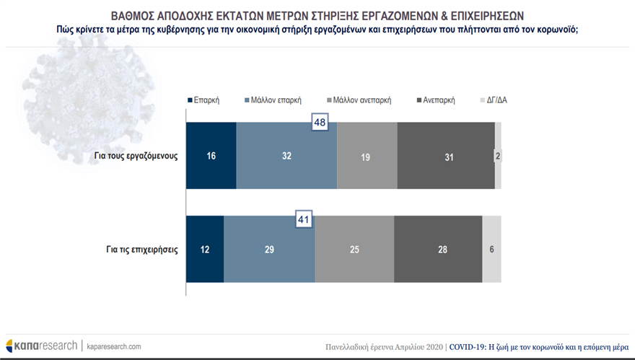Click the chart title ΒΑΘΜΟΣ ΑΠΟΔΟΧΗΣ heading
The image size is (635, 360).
point(317,14)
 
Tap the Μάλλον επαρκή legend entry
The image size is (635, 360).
point(272,100)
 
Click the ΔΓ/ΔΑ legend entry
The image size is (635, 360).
point(497,100)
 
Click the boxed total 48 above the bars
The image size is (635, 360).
point(320,123)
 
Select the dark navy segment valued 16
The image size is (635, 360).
point(211,156)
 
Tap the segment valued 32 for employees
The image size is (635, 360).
point(286,156)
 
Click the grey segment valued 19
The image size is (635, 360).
point(367,156)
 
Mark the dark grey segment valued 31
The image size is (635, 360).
point(445,156)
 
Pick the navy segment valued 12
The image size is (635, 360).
point(205,250)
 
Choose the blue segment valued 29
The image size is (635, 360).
point(269,250)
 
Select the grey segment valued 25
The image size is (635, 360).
point(354,250)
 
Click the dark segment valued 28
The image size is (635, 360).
point(438,250)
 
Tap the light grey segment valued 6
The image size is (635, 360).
point(491,250)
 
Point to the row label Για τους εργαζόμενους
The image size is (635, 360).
point(136,156)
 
